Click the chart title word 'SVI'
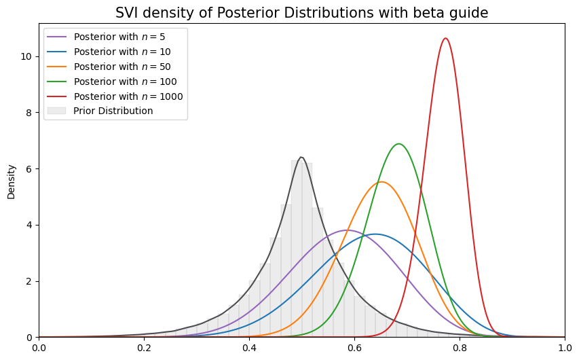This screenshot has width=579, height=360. tap(128, 13)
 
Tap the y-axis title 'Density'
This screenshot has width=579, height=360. tap(11, 181)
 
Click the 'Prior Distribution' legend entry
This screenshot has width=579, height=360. tap(113, 111)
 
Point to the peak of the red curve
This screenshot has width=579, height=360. tap(445, 38)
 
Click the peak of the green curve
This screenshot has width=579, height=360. tap(398, 144)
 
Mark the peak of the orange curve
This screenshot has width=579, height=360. tap(381, 182)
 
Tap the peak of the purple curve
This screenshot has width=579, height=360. tap(347, 230)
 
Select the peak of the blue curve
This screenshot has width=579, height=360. tap(375, 234)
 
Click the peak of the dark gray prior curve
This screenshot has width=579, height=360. tap(301, 158)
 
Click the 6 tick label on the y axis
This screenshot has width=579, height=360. tap(29, 169)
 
